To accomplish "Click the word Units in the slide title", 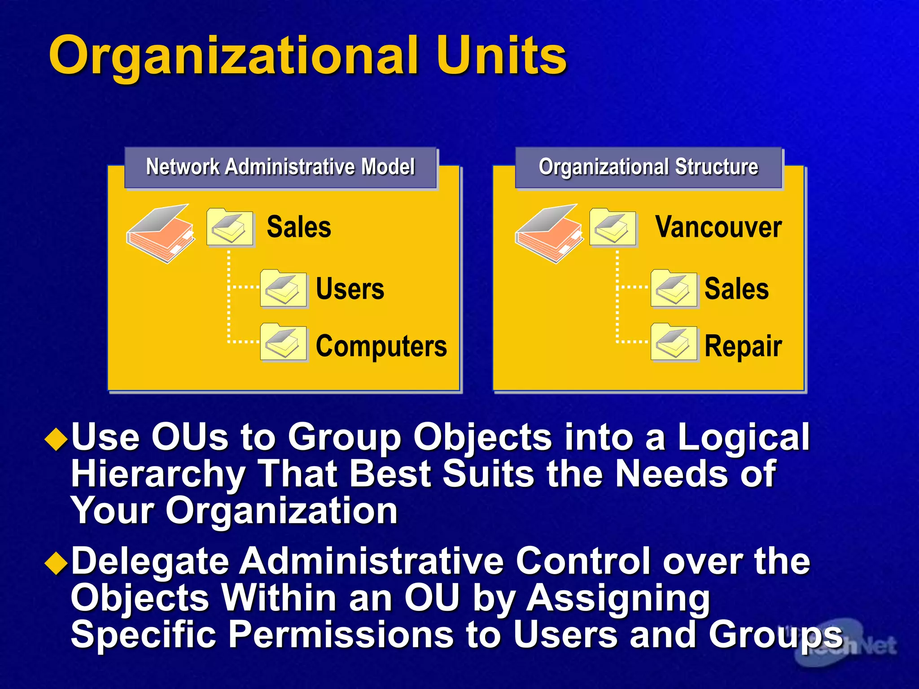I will click(501, 56).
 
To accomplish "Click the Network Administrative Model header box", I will click(280, 167).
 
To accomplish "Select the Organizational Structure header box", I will click(648, 167).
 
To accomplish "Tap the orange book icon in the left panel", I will click(161, 234).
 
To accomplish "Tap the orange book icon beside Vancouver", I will click(549, 234).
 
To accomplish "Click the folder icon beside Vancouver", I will click(613, 227).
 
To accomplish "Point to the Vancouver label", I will click(718, 227).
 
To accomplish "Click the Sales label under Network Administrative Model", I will click(299, 227).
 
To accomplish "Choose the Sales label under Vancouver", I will click(736, 289).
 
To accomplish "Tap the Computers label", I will click(381, 346).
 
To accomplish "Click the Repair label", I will click(743, 346).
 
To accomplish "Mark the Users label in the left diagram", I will click(350, 289).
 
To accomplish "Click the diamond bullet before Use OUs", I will click(57, 439).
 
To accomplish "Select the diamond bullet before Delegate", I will click(57, 563).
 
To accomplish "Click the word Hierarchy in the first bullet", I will click(158, 475).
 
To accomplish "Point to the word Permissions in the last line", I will click(341, 634).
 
